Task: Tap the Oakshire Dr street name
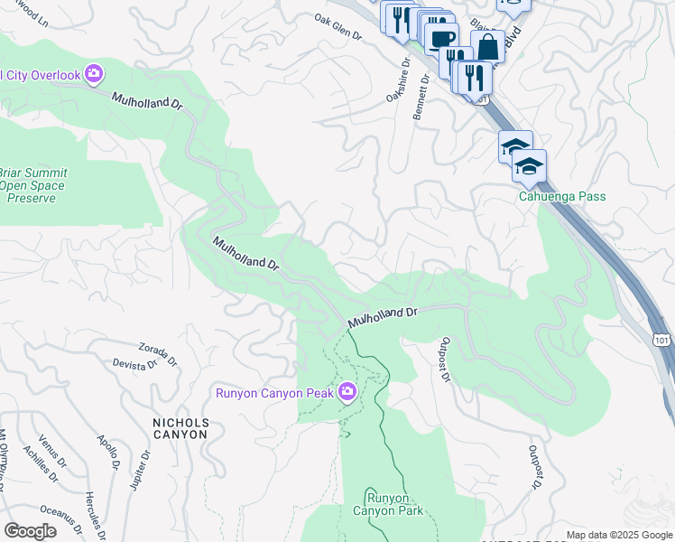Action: coord(398,81)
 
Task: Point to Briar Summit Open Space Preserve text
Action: coord(32,186)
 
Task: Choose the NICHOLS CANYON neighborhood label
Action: coord(180,428)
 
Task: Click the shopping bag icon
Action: coord(487,47)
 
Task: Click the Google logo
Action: coord(30,531)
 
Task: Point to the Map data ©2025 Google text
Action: coord(619,535)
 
